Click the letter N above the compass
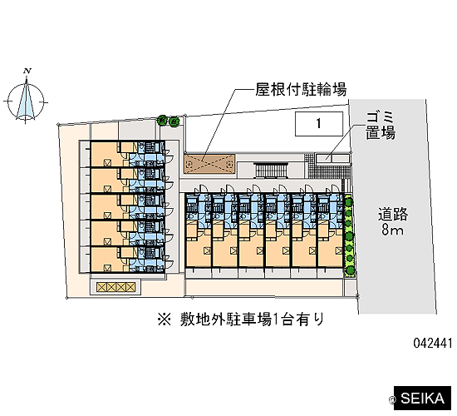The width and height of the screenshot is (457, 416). (27, 71)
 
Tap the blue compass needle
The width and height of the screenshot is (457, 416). (26, 99)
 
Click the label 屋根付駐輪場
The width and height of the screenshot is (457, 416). (301, 89)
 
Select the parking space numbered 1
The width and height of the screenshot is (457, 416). (319, 124)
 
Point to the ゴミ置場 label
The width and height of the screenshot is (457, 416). (381, 126)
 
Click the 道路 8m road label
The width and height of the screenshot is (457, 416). (393, 221)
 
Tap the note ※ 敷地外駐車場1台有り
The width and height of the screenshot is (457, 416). (241, 319)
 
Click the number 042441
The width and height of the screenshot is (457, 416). (433, 343)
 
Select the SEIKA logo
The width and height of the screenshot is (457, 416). (422, 399)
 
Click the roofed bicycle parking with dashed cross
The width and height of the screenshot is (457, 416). (209, 164)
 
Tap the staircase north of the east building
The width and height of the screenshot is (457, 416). (272, 171)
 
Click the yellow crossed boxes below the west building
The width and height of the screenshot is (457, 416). (116, 287)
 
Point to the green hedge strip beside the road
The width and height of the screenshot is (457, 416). (349, 235)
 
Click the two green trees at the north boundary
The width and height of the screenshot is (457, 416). (169, 121)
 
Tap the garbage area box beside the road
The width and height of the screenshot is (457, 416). (333, 159)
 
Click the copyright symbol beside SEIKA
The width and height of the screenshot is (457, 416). (391, 399)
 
